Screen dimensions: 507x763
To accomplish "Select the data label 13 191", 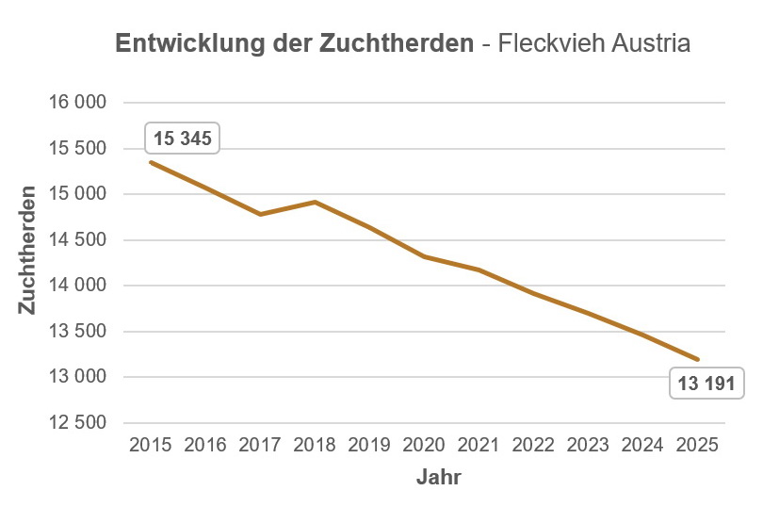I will [706, 384].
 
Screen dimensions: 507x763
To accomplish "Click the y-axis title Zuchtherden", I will [27, 250].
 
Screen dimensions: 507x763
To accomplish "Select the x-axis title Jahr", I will [438, 478].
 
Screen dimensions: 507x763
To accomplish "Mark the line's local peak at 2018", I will [315, 202].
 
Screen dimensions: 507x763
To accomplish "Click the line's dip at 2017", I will [260, 215].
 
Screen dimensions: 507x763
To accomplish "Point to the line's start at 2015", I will [151, 162].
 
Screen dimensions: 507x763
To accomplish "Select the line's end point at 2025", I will [698, 359].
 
